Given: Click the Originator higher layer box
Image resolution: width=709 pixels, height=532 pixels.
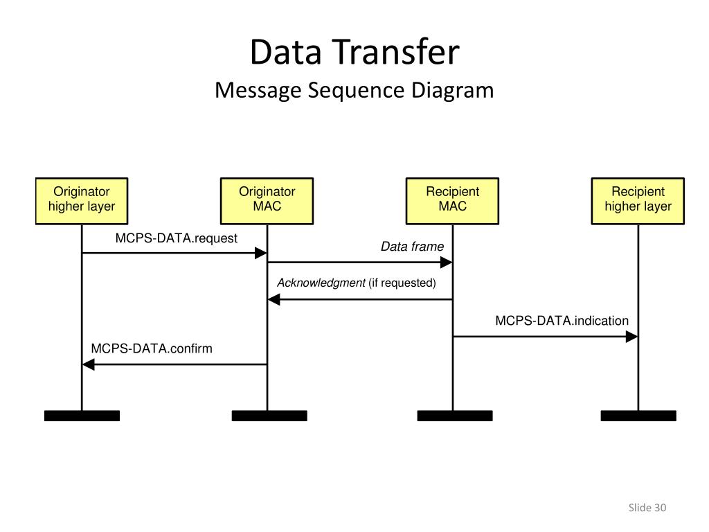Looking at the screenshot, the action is point(82,201).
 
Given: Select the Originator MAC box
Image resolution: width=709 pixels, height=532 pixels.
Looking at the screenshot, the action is point(267,201).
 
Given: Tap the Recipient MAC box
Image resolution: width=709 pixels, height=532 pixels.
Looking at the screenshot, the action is point(453,201).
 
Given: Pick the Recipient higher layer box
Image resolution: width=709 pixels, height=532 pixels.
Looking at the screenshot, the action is point(638,201).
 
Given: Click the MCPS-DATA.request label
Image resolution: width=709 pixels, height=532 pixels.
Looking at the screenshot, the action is point(177,238).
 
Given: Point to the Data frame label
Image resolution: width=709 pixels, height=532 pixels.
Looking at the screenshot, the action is point(413,247).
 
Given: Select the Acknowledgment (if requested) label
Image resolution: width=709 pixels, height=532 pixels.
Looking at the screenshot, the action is point(357,283).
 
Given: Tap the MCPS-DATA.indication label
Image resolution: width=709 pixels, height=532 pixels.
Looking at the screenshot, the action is point(562,321).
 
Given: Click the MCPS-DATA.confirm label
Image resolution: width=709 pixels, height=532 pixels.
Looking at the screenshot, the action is point(152,348).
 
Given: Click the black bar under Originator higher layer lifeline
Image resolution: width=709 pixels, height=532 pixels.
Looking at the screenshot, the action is point(82,416).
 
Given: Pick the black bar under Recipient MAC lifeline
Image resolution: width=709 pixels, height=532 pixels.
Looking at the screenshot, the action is point(455,416).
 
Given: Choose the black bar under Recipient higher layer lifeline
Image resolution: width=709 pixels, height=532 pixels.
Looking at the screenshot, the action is point(638,416).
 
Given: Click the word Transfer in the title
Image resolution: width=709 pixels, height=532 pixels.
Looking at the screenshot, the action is point(397,51).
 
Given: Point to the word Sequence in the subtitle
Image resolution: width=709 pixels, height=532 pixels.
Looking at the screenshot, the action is point(357,91).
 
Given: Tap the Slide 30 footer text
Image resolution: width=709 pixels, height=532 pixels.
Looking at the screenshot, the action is point(647,508).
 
